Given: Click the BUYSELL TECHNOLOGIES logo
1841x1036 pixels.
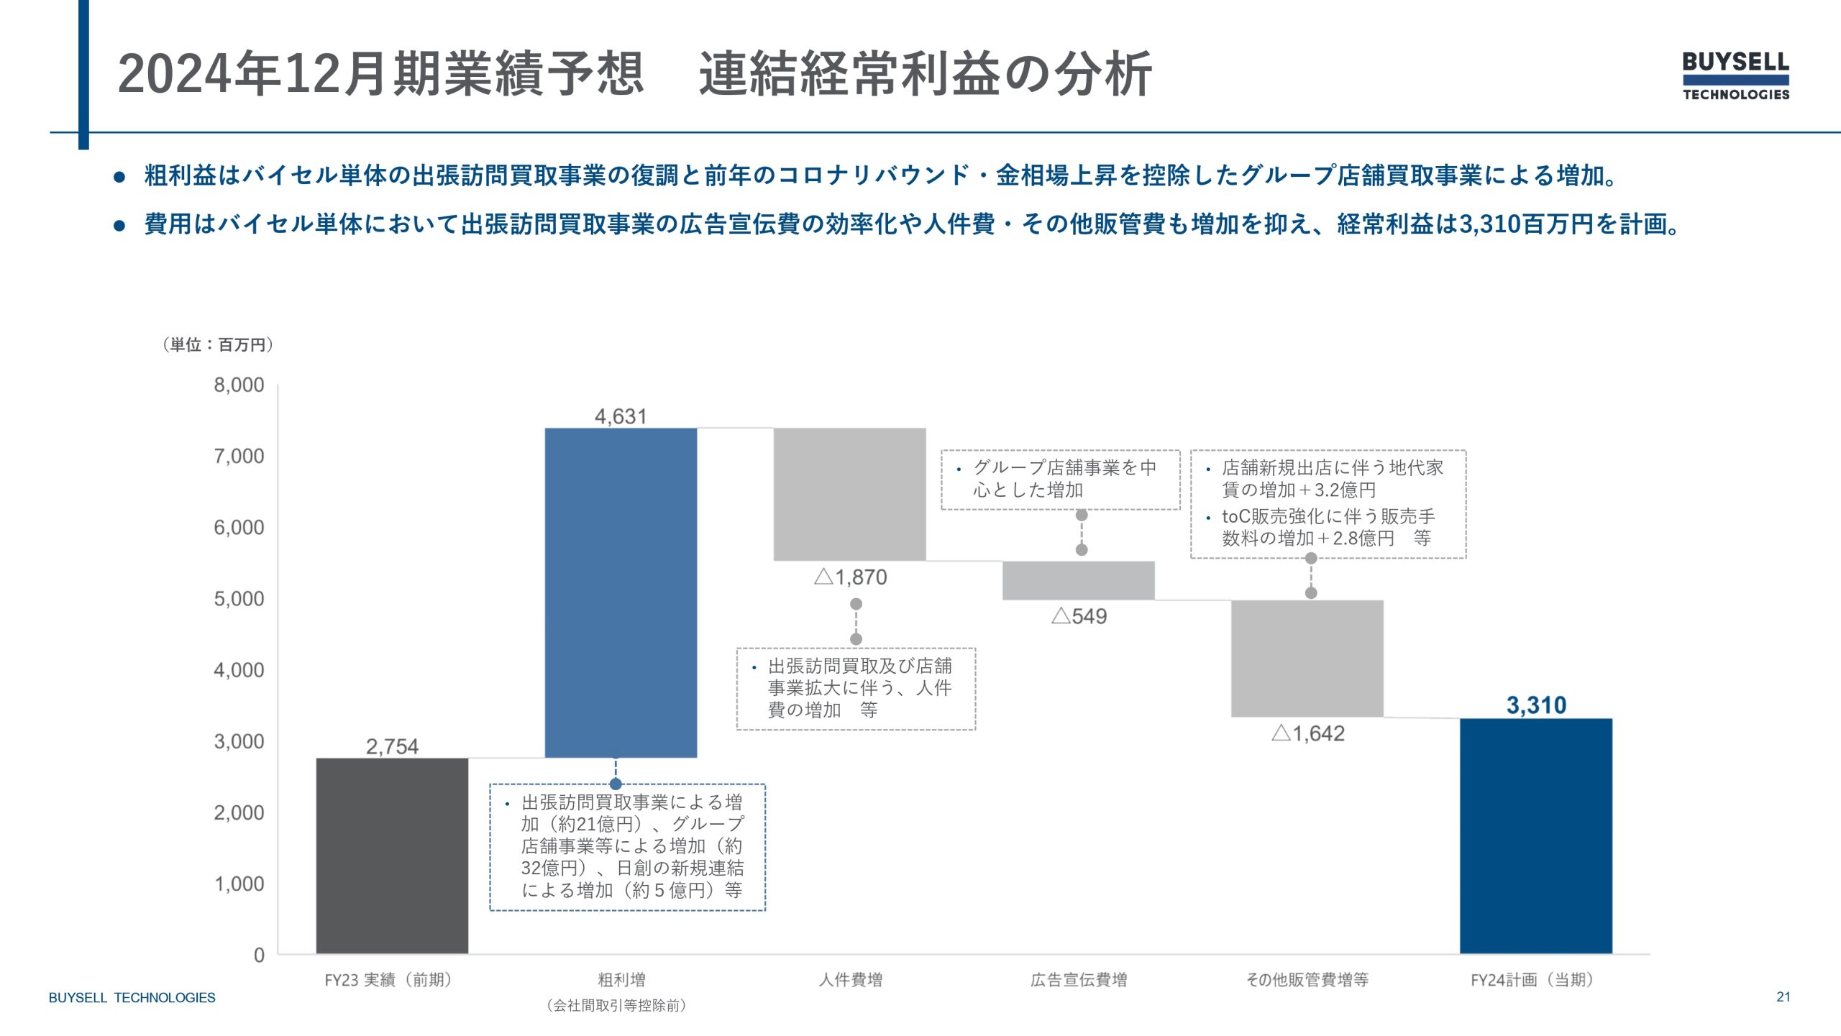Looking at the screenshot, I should (1735, 75).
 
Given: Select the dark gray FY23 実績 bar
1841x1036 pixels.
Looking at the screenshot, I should (392, 856).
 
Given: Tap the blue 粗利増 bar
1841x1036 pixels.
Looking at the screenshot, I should (621, 592).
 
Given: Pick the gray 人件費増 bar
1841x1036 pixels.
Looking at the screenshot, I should (849, 494).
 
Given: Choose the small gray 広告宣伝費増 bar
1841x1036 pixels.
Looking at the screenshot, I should (1078, 580).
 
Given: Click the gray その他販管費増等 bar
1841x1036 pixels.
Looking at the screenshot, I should (1307, 658).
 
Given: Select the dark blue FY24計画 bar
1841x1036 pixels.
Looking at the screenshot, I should (1535, 835).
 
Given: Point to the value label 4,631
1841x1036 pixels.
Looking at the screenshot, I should (621, 416).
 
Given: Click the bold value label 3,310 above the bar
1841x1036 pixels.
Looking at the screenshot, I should (1536, 705).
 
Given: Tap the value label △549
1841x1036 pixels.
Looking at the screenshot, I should (1079, 616).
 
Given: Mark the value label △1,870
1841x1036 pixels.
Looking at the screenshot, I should (851, 577).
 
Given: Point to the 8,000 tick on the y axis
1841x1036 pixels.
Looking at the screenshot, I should (239, 385).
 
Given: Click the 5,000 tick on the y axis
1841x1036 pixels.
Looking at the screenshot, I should (239, 599).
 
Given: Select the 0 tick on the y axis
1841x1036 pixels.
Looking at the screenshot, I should (259, 955).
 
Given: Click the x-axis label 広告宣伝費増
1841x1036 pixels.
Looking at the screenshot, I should (1079, 979).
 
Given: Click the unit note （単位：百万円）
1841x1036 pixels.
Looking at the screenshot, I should (218, 345).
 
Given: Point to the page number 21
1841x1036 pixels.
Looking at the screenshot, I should (1783, 996).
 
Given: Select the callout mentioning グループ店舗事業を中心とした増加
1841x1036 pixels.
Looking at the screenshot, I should (1060, 480).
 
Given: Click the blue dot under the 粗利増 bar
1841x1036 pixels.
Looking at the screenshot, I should (616, 784).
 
